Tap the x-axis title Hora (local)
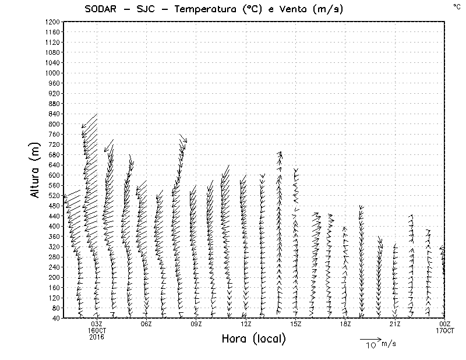point(254,339)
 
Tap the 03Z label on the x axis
point(97,324)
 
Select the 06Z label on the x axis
point(146,324)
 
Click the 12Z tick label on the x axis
point(246,324)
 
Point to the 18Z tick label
point(345,324)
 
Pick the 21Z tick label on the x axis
point(395,324)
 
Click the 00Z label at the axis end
point(445,324)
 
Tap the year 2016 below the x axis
point(97,337)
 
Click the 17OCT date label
point(445,330)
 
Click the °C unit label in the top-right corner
point(457,6)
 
